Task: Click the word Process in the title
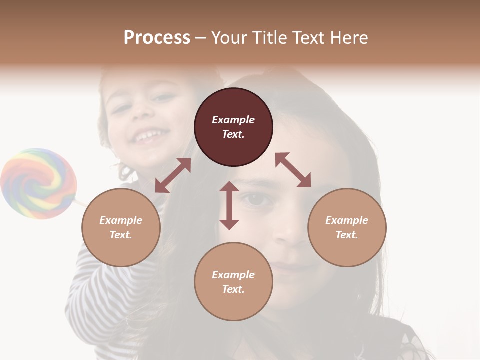click(x=157, y=38)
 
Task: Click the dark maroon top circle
click(x=233, y=127)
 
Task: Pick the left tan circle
click(x=121, y=228)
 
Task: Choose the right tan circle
click(x=347, y=228)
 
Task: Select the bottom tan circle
click(x=233, y=282)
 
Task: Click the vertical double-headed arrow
click(x=229, y=205)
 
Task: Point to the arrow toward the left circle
click(x=173, y=175)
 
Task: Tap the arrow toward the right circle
click(x=293, y=170)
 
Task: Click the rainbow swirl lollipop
click(x=38, y=183)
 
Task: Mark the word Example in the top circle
click(x=233, y=120)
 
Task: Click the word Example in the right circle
click(x=347, y=220)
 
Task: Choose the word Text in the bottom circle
click(x=233, y=289)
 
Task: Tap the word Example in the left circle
click(x=121, y=220)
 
